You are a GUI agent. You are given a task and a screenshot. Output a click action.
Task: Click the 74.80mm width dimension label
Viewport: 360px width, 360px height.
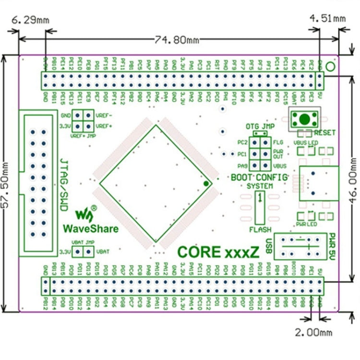(x=177, y=40)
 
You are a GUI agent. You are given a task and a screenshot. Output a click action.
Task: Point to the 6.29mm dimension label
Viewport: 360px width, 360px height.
(x=30, y=20)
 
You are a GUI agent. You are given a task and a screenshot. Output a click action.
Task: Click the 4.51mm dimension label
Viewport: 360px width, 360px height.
(x=327, y=19)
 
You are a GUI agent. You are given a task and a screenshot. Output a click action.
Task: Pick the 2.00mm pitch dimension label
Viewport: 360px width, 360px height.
(x=314, y=331)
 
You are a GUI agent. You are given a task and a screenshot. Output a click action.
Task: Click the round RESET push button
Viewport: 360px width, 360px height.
(x=303, y=119)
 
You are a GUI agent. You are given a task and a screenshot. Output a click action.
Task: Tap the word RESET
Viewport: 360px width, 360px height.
(x=324, y=132)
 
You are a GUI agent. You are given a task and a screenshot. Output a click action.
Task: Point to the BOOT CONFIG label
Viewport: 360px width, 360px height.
(x=259, y=177)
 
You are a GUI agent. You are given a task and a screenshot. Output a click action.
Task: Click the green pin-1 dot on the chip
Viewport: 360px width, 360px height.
(x=206, y=183)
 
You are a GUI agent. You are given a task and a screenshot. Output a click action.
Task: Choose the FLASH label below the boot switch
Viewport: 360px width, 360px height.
(x=260, y=230)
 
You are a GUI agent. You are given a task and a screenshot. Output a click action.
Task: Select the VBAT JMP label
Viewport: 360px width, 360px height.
(x=82, y=242)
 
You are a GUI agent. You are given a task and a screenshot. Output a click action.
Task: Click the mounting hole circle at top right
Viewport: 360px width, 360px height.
(x=330, y=66)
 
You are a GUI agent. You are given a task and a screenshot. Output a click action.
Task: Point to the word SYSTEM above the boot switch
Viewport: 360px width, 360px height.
(x=260, y=186)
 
